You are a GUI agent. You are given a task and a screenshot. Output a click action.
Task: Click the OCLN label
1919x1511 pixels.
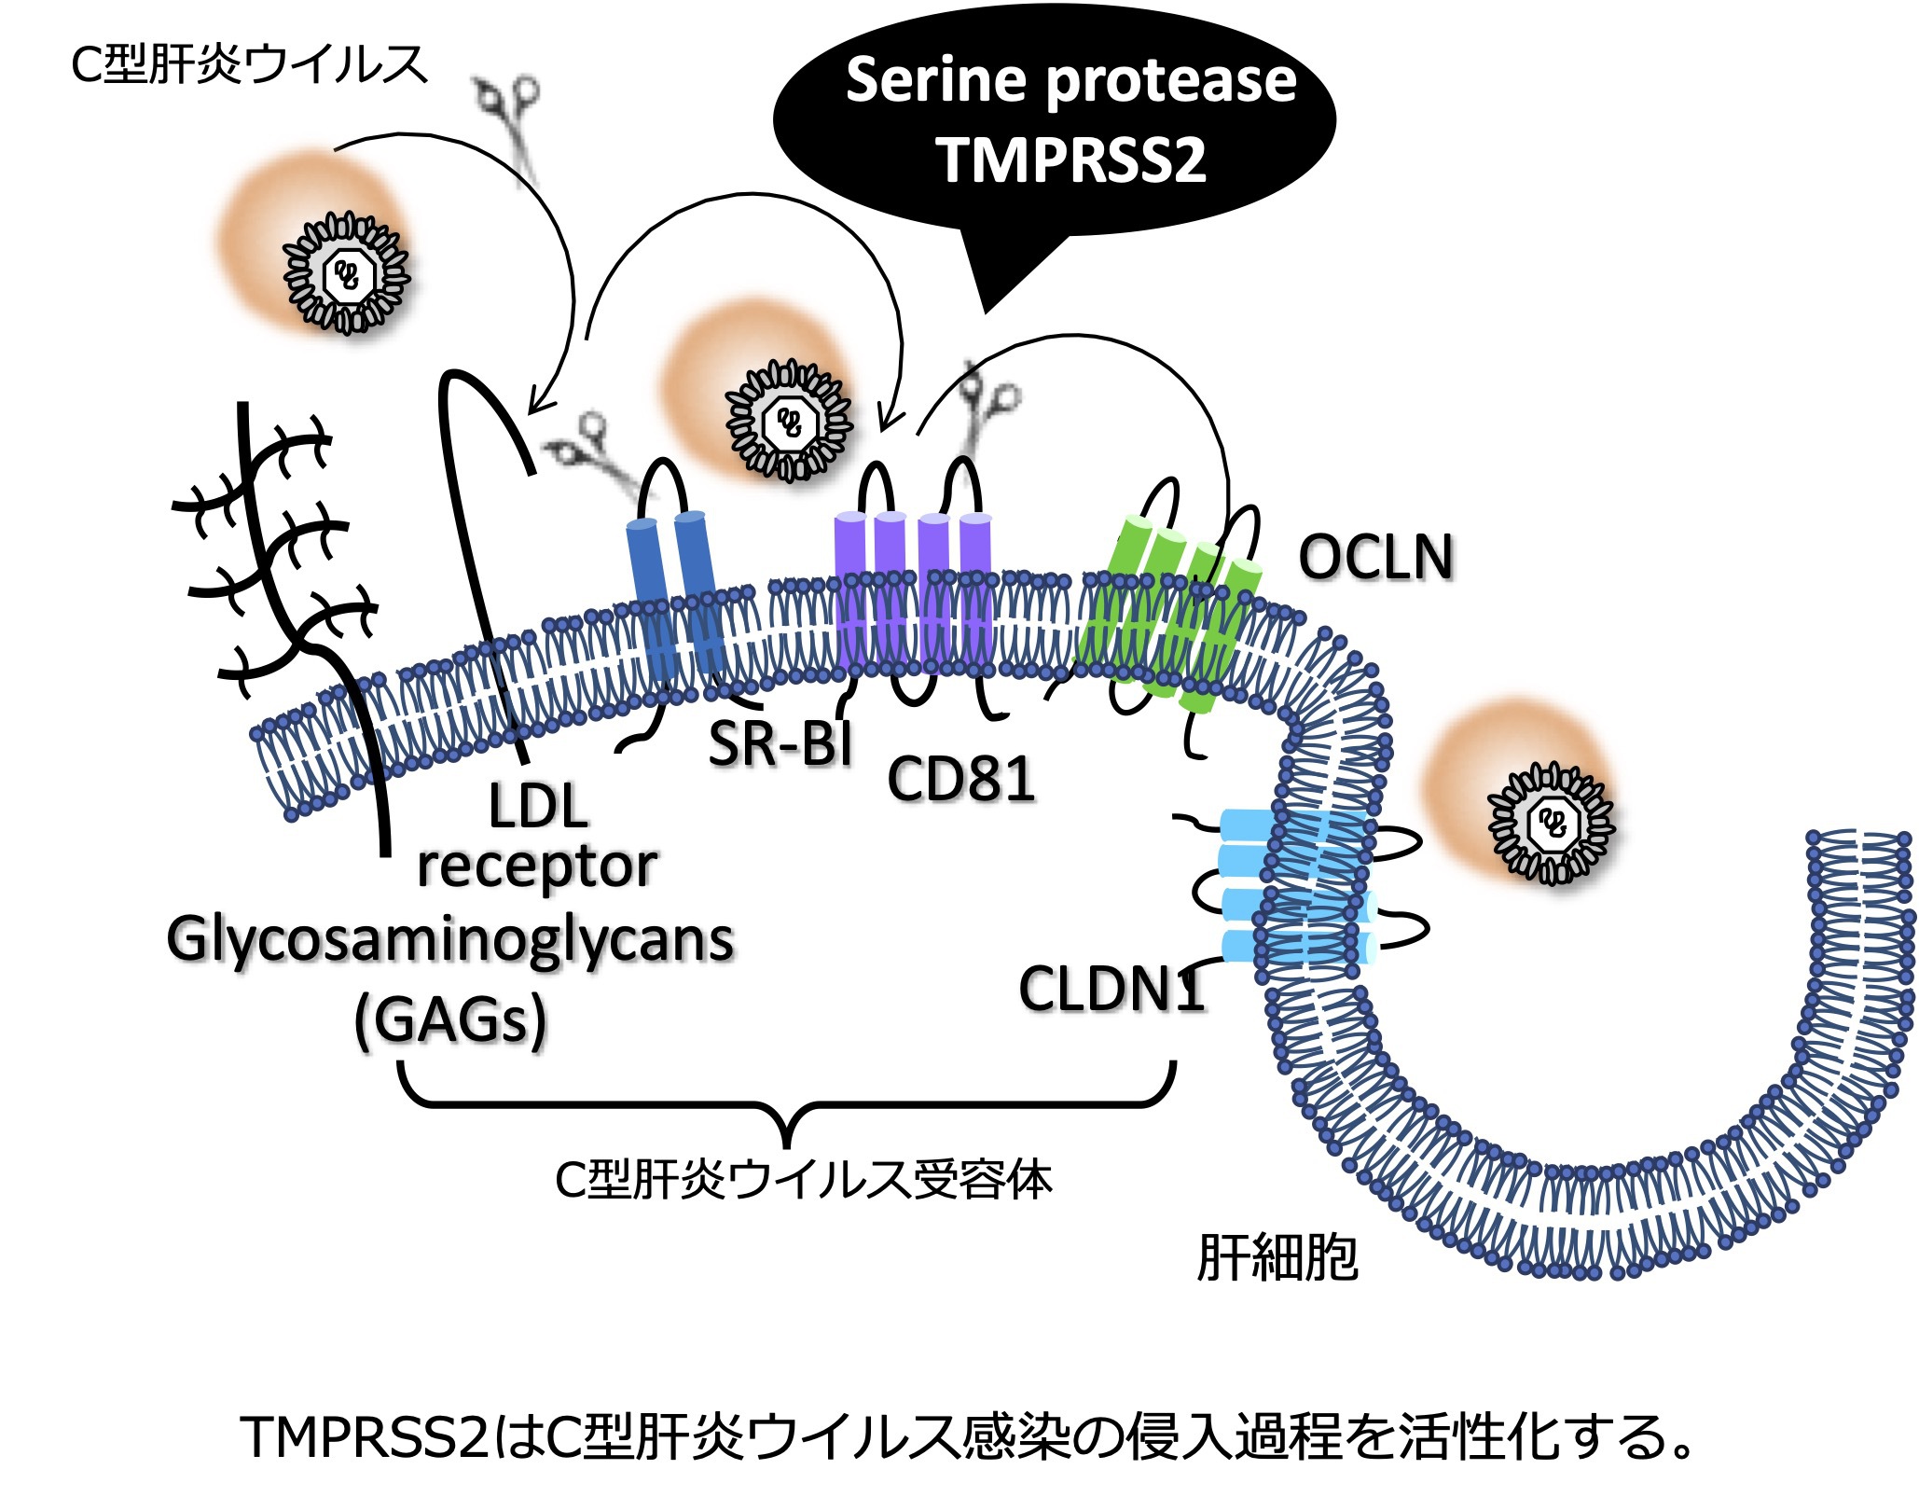[1375, 558]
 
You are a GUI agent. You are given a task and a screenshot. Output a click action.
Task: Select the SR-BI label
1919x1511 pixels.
[780, 744]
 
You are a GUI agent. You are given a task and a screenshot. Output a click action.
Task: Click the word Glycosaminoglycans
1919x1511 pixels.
[450, 939]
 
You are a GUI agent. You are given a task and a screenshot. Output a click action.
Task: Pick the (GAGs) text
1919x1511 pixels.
[450, 1019]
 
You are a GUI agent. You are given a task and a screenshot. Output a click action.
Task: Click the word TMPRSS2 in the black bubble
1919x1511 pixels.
[1071, 160]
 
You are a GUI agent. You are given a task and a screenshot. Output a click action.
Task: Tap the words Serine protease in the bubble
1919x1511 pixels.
[1071, 80]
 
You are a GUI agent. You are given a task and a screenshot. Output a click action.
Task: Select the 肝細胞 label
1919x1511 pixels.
[1277, 1258]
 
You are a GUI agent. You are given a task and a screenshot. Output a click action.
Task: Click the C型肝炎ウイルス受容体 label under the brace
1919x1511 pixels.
[803, 1180]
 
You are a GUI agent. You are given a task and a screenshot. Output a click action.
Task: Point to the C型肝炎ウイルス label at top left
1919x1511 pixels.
[248, 65]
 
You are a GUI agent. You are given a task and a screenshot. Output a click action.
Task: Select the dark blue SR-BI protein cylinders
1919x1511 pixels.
[673, 597]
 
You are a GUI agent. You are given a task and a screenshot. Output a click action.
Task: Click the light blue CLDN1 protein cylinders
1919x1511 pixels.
[1296, 886]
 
